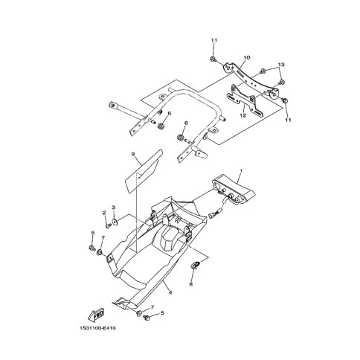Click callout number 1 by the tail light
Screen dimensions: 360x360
[241, 171]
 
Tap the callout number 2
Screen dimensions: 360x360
[104, 213]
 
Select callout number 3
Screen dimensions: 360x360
[114, 208]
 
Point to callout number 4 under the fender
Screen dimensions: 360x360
[170, 292]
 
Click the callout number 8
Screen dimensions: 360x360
[191, 284]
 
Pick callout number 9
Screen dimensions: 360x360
[133, 154]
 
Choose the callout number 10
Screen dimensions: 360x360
[247, 57]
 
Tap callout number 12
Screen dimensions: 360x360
[243, 115]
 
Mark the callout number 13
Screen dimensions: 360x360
[281, 65]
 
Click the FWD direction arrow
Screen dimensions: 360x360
[97, 315]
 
